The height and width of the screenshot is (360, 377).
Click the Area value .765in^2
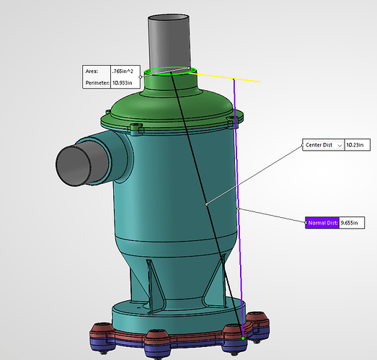[123, 71]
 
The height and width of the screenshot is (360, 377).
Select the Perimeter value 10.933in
[123, 83]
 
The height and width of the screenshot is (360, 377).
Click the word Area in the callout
[92, 71]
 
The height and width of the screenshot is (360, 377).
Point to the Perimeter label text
[97, 83]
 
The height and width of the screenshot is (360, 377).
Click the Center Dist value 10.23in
[355, 145]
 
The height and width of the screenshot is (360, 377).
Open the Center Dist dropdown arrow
[340, 146]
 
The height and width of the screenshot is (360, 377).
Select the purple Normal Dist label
[323, 223]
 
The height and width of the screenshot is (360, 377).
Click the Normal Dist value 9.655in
[349, 223]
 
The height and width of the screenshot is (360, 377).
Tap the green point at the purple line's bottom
[243, 338]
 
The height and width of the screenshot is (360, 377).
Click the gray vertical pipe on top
[169, 41]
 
